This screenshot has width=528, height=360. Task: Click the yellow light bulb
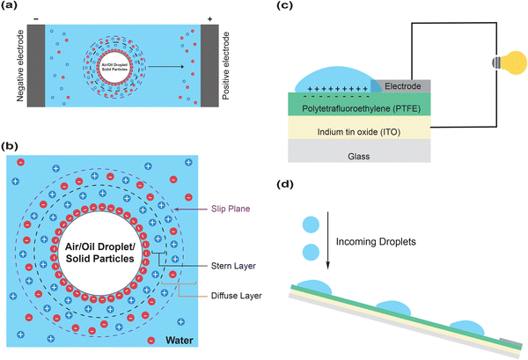506,64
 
